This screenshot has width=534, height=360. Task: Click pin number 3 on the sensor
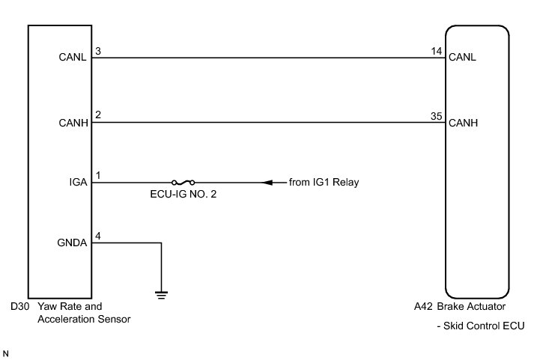(x=97, y=51)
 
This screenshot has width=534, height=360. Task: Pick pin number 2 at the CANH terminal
(x=97, y=115)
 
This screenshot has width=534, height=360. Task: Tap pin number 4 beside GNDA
(x=97, y=236)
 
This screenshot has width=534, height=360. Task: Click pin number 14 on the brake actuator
(x=436, y=51)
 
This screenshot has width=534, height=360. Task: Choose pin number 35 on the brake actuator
(x=436, y=115)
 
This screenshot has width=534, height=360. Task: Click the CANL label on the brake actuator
(x=461, y=58)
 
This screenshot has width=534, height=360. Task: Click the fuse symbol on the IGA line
(x=183, y=182)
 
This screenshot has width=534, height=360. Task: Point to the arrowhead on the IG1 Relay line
(x=266, y=182)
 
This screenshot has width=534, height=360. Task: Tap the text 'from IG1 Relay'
(x=324, y=182)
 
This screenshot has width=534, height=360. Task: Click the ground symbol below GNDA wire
(x=161, y=292)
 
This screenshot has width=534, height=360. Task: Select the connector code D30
(x=19, y=307)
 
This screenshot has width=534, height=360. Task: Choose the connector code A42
(x=424, y=307)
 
